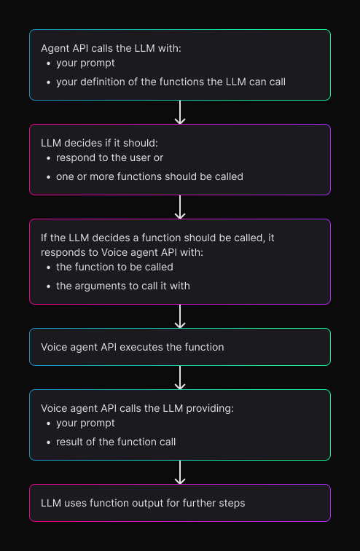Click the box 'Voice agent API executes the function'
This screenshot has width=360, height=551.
180,347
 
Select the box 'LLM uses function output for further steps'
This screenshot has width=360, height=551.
180,503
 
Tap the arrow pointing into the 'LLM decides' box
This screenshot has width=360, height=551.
180,112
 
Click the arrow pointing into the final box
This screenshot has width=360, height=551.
180,472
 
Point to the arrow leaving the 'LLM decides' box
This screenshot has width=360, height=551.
180,207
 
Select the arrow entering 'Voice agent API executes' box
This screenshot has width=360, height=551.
180,316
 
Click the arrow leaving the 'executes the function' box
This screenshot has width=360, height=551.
180,378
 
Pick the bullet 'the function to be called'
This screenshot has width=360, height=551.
114,267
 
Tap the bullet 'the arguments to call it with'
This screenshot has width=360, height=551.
122,286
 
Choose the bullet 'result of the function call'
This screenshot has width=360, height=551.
116,442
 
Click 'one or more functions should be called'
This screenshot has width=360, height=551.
149,176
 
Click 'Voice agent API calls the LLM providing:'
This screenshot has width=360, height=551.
137,408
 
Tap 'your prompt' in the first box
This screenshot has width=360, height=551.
85,63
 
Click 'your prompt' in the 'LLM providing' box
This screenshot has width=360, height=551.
85,423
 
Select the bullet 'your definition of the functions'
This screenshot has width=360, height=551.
171,82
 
